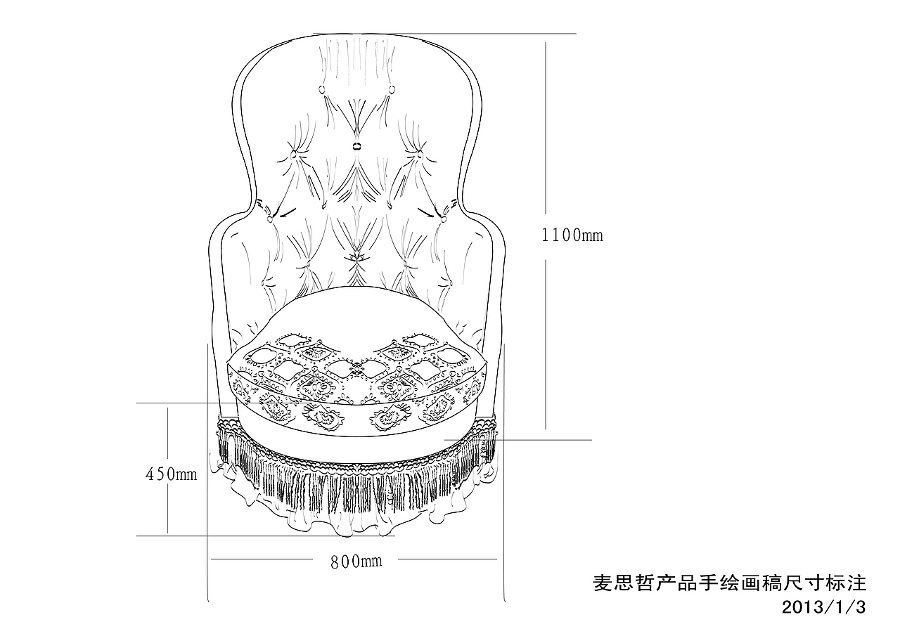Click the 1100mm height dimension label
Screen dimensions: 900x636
[572, 235]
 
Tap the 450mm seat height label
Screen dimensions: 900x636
[171, 474]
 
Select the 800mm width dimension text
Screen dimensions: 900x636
[356, 561]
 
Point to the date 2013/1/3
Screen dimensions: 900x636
[823, 606]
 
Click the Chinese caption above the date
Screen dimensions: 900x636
[730, 583]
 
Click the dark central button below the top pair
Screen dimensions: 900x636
[356, 146]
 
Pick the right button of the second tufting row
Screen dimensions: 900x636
[420, 153]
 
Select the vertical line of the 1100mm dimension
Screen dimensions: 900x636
[546, 141]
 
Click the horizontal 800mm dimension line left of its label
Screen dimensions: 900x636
[267, 559]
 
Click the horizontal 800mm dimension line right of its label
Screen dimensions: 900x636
[443, 559]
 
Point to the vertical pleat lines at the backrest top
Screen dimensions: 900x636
[355, 56]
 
